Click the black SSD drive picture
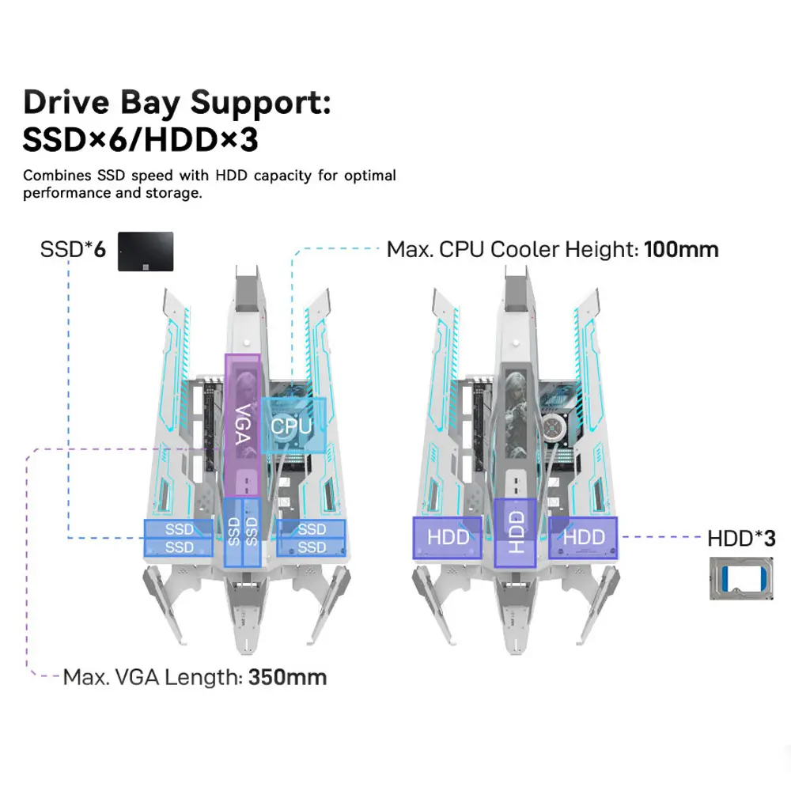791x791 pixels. pos(146,252)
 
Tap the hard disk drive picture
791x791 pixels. pos(737,578)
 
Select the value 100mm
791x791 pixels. pos(681,250)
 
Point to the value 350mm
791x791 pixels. pos(287,677)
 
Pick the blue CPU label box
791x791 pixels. pos(293,426)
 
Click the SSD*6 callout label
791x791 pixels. pos(73,250)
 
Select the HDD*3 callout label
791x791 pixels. pos(741,539)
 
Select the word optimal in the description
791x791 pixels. pos(369,176)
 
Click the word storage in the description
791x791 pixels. pos(168,193)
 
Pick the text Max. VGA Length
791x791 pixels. pos(152,677)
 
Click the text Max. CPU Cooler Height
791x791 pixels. pos(512,250)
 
